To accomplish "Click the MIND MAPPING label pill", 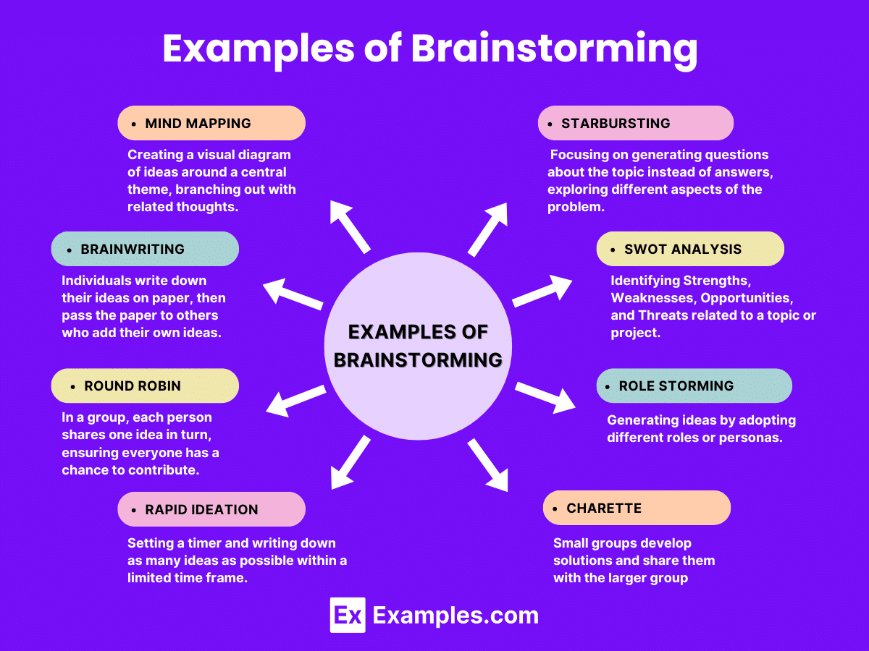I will click(x=211, y=123).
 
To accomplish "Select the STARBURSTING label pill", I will click(x=636, y=123).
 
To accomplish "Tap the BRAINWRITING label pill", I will click(x=145, y=249).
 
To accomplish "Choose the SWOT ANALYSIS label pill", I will click(x=690, y=249).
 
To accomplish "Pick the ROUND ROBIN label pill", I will click(x=145, y=386).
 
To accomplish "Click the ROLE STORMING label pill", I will click(x=694, y=386).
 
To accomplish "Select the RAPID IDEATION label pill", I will click(x=211, y=509).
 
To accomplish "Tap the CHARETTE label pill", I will click(x=637, y=508).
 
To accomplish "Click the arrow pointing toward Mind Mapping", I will click(x=350, y=226).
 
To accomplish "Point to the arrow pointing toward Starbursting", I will click(x=487, y=229).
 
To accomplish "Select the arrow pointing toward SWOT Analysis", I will click(x=542, y=291).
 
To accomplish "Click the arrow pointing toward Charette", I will click(x=488, y=465).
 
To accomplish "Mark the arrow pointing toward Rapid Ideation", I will click(x=350, y=464).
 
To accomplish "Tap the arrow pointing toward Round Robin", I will click(x=295, y=400).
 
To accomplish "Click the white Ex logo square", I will click(x=347, y=615).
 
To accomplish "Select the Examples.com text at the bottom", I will click(x=456, y=615).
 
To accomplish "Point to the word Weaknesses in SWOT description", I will click(x=651, y=297).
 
